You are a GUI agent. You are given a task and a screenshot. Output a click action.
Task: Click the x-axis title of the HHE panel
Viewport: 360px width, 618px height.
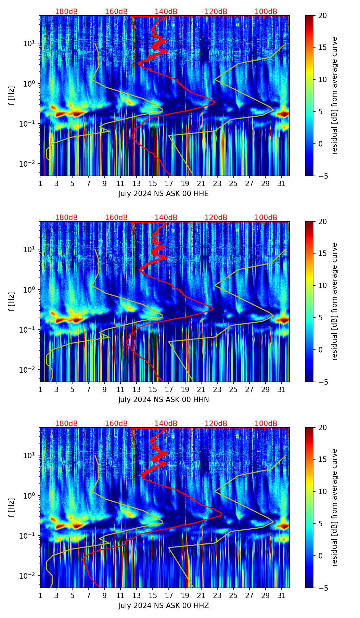click(x=163, y=194)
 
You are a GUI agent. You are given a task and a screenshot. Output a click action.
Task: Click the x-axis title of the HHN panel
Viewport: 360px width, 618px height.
click(x=163, y=400)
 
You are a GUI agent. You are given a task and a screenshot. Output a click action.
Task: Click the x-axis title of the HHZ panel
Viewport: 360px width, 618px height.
click(x=163, y=606)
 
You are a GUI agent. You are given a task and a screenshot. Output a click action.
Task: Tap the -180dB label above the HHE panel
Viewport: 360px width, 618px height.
click(x=65, y=12)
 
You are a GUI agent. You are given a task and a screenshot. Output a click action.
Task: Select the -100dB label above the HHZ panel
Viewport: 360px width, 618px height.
click(x=265, y=424)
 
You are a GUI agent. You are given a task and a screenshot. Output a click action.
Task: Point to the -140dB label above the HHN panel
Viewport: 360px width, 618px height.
click(x=165, y=218)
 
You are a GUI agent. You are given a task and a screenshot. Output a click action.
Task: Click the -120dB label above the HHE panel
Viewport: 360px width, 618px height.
click(x=215, y=12)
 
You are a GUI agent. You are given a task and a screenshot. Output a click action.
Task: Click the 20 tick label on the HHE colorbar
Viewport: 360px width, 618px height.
click(x=323, y=16)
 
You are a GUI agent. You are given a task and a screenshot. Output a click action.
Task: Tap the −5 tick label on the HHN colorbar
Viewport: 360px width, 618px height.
click(x=323, y=382)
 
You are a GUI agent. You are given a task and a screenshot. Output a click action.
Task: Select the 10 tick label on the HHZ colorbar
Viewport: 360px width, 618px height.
click(x=323, y=492)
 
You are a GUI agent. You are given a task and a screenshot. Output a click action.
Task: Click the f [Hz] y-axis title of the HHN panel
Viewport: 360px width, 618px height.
click(x=12, y=301)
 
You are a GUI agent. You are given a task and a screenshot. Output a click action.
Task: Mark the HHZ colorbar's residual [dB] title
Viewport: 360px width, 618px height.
click(x=335, y=507)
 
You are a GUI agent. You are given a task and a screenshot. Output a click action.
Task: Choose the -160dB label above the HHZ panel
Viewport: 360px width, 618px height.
click(x=115, y=424)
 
